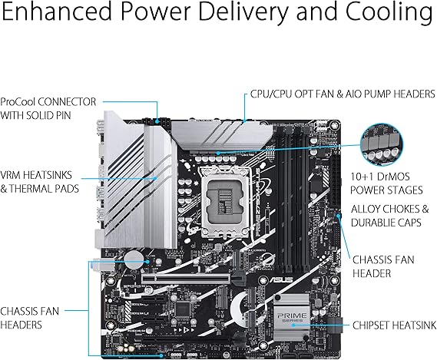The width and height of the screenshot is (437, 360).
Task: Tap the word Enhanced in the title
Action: (57, 11)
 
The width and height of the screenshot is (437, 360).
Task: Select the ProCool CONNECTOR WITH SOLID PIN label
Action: (48, 109)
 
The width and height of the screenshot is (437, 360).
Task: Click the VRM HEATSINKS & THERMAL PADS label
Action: (40, 182)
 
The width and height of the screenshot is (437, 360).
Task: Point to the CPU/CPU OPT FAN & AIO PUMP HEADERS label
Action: (343, 94)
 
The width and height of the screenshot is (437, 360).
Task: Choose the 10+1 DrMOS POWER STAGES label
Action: (386, 183)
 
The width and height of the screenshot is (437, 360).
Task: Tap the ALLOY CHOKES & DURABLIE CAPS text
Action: (389, 216)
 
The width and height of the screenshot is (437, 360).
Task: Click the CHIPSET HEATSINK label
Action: (394, 325)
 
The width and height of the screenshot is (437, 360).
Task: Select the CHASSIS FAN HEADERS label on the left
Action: (29, 318)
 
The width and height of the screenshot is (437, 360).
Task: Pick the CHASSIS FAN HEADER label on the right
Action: (383, 266)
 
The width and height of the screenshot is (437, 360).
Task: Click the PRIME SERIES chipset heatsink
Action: (292, 317)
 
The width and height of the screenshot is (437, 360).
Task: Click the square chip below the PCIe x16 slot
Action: (183, 309)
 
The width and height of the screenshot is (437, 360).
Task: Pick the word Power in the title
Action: (162, 11)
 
